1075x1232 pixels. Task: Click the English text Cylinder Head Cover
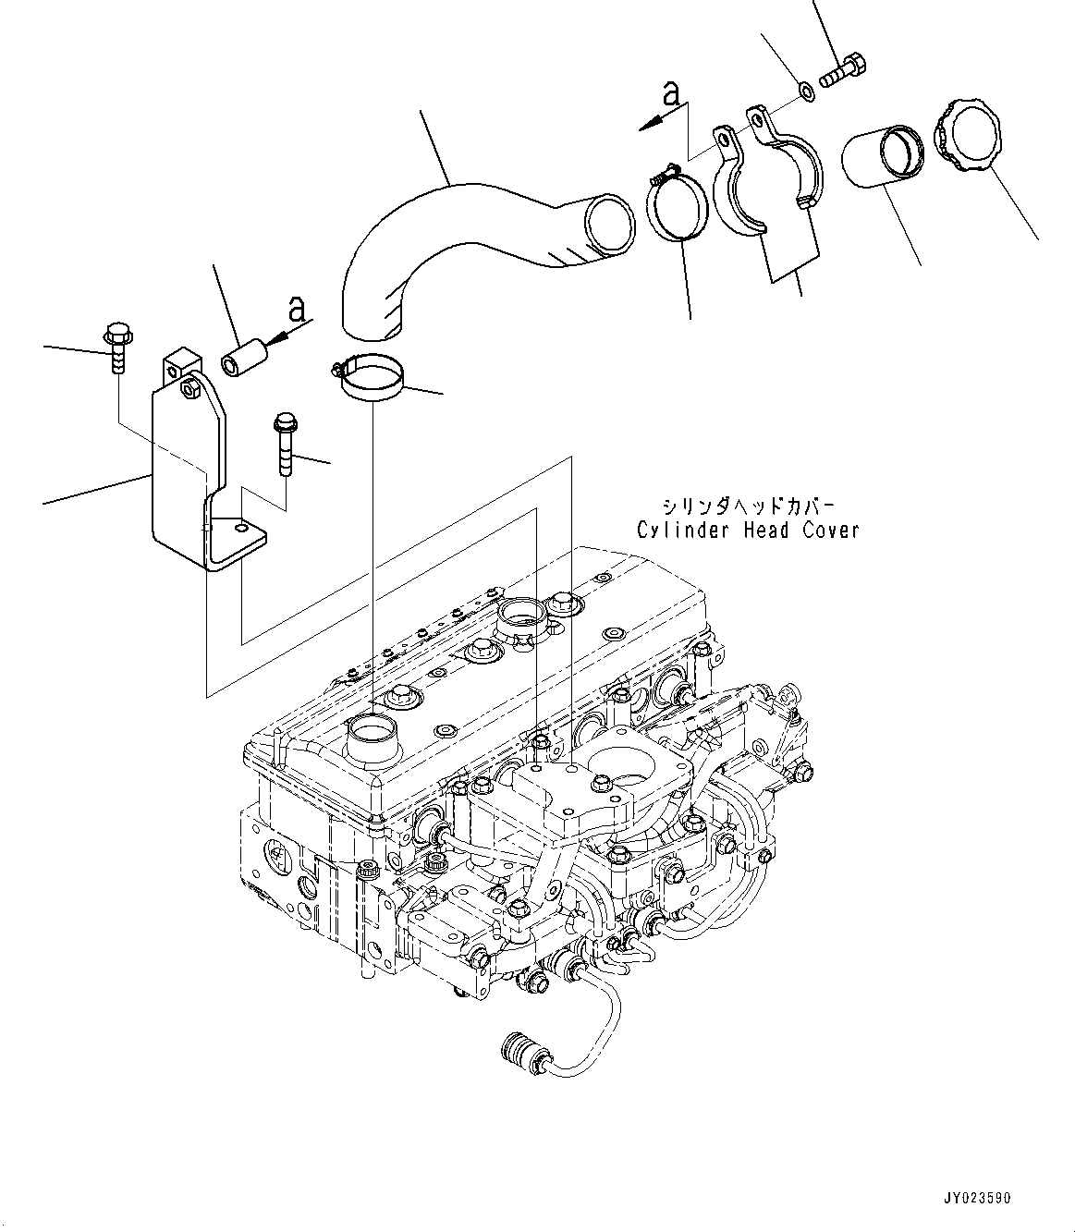point(748,530)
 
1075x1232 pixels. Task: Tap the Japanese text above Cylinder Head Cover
point(748,506)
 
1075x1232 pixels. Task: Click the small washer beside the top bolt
point(805,91)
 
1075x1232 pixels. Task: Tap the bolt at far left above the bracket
point(116,348)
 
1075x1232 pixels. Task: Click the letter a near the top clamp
point(672,93)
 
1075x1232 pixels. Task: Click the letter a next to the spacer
point(296,310)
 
